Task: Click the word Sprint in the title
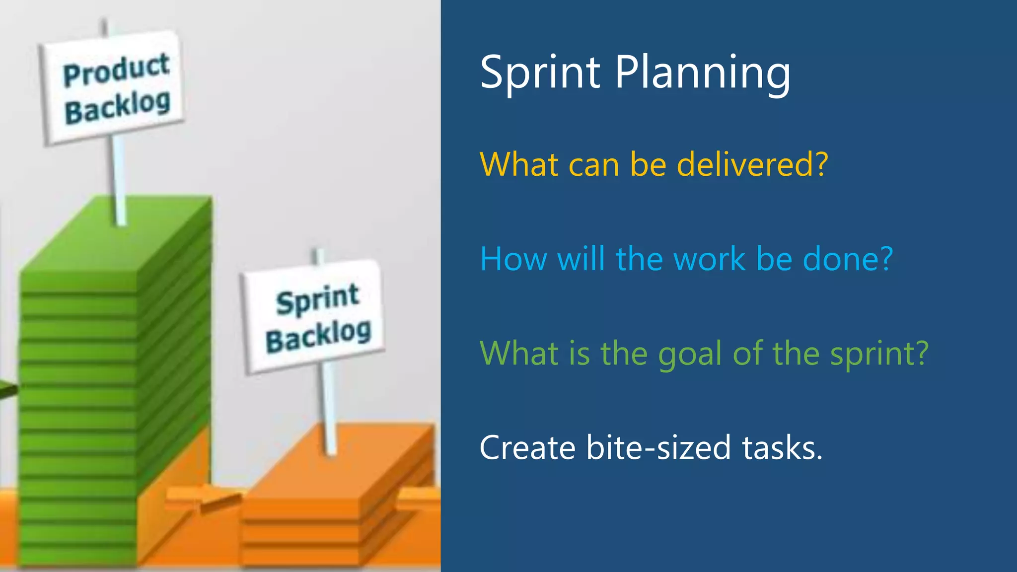(x=540, y=73)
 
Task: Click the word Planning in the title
(x=702, y=73)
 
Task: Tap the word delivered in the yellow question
(x=753, y=164)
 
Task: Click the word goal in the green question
(x=689, y=354)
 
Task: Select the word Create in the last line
(x=527, y=448)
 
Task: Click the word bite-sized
(x=658, y=448)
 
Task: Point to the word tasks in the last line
(x=782, y=448)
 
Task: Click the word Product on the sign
(x=116, y=70)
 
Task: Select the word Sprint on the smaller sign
(x=318, y=299)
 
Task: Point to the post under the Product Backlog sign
(x=118, y=179)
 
